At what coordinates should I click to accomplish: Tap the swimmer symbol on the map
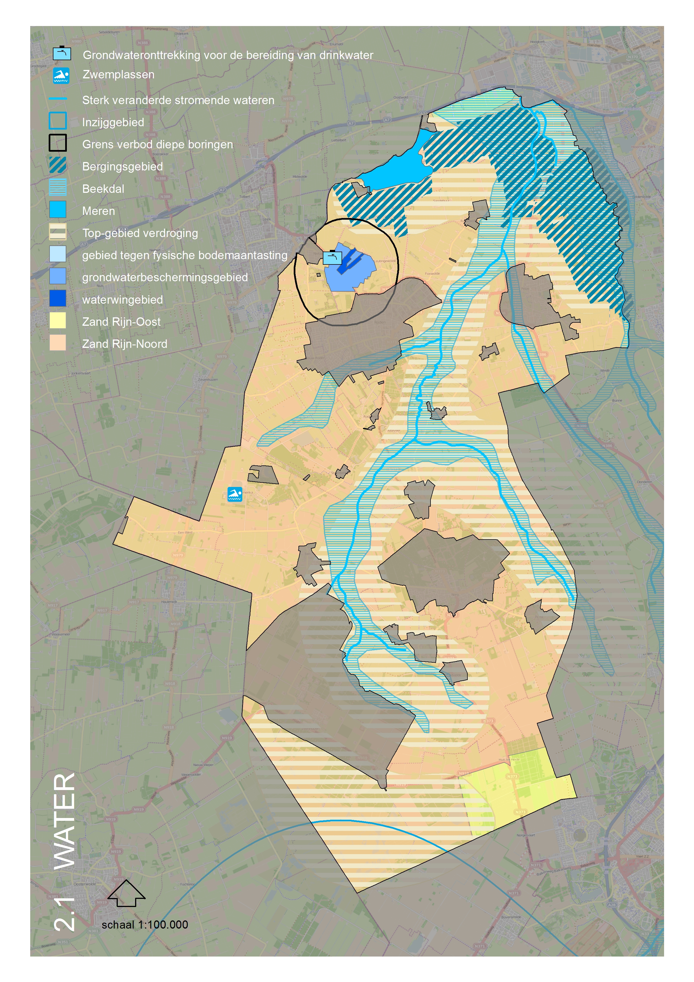click(x=235, y=494)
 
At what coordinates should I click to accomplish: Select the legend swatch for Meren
click(x=58, y=210)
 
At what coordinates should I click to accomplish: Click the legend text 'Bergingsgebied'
click(x=122, y=167)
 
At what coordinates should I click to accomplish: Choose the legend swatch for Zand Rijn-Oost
click(x=58, y=320)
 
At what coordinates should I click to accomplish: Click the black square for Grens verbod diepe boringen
click(x=58, y=143)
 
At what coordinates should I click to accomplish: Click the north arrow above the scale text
click(x=126, y=893)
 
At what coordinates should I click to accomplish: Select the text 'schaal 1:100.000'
click(x=145, y=925)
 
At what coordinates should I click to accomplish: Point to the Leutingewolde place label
click(x=385, y=261)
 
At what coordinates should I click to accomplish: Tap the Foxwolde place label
click(x=432, y=273)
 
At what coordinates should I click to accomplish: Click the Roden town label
click(x=379, y=322)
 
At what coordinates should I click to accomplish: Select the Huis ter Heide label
click(x=509, y=760)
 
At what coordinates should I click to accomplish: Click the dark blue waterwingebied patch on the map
click(x=350, y=259)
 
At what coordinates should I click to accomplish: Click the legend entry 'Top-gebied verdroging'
click(x=140, y=233)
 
